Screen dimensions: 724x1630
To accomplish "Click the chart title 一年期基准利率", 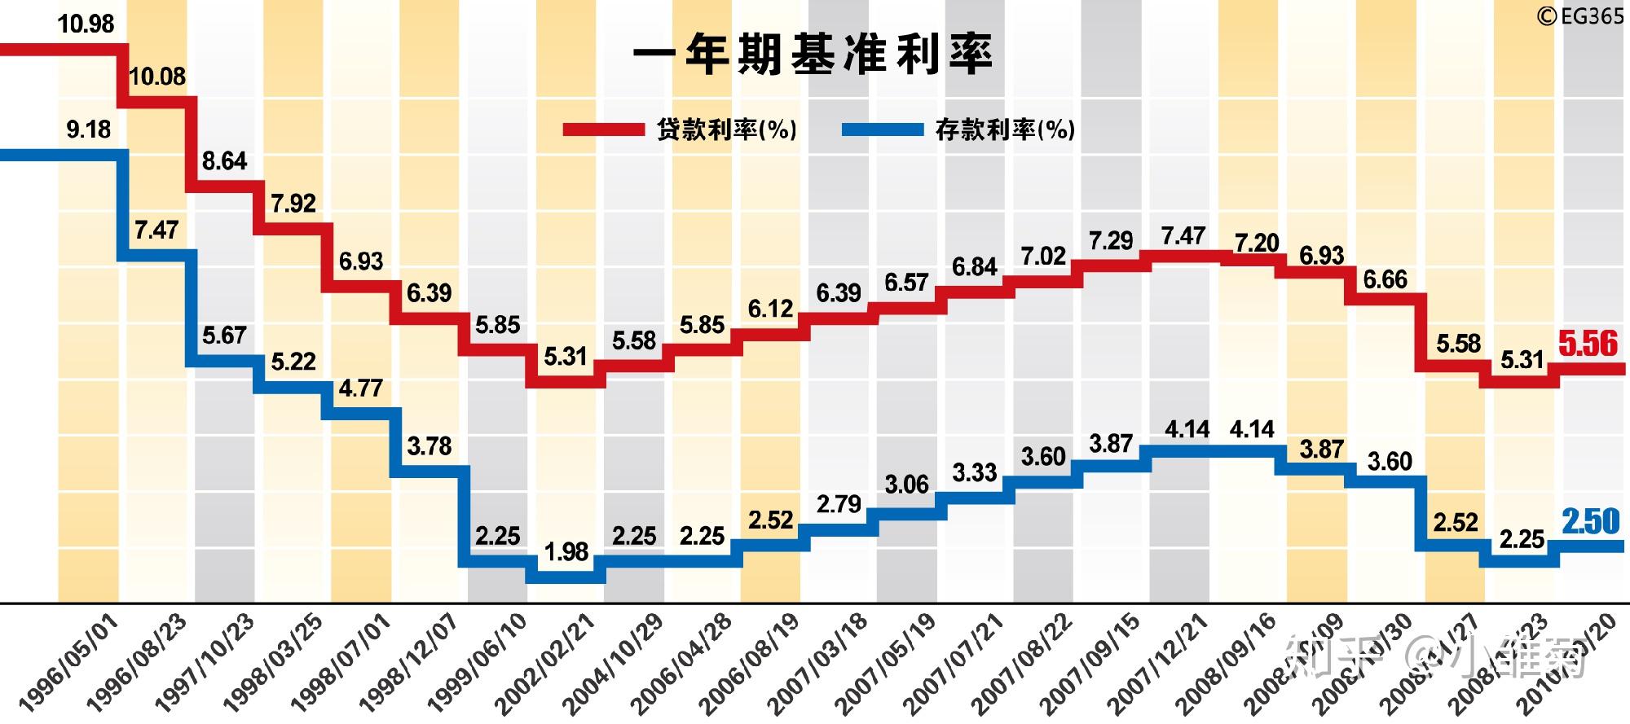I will [813, 55].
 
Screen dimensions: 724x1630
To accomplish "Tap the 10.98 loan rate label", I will [86, 24].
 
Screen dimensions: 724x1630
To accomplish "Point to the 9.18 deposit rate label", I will [88, 129].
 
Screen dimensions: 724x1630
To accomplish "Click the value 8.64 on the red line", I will [224, 160].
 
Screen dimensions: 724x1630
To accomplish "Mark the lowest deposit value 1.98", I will [566, 551].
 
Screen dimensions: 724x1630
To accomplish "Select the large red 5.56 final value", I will [1588, 344].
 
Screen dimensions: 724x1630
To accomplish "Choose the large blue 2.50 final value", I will [1590, 521].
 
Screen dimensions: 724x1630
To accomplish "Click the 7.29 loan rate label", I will [1111, 240].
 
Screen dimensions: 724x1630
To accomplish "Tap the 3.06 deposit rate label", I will [906, 485].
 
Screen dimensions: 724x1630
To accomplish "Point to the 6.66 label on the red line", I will [1385, 279].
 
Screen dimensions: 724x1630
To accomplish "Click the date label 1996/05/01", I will [69, 662].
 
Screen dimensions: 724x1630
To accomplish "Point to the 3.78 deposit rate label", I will [429, 445].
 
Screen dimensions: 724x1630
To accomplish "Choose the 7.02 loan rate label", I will [1043, 257].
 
